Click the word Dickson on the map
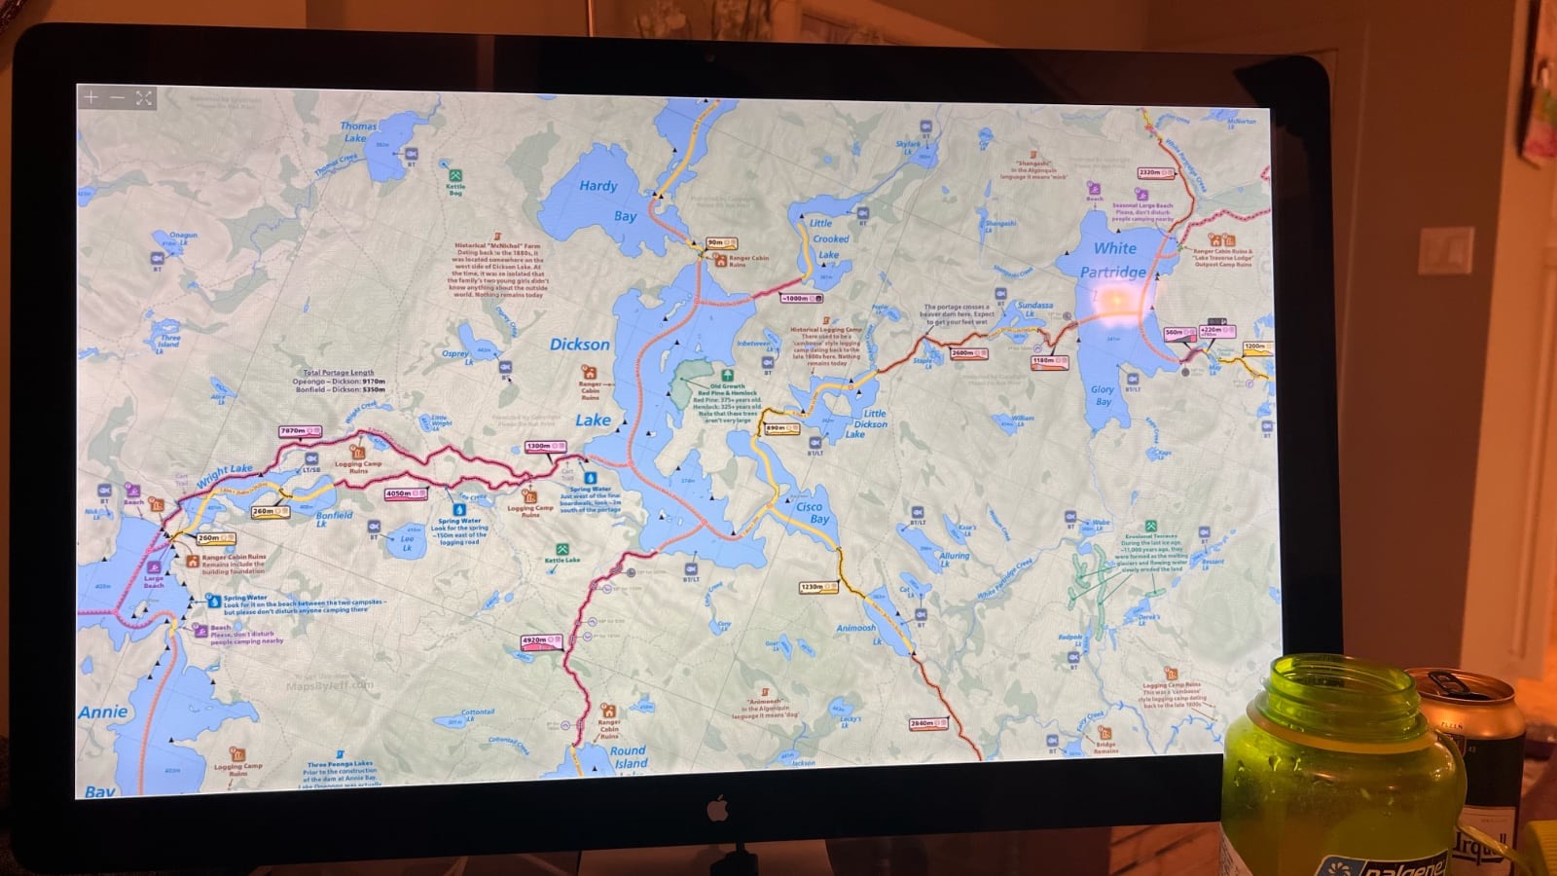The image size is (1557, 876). pos(580,345)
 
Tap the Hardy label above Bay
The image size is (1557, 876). pos(598,186)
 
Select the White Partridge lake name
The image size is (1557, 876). pos(1113,260)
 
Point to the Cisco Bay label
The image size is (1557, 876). pos(811,513)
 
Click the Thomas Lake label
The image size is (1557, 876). pos(357,132)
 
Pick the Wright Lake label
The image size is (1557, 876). pos(224,476)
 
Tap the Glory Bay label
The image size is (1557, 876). pos(1103,395)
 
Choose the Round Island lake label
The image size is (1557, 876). pos(629,757)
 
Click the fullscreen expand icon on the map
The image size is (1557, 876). pos(144,97)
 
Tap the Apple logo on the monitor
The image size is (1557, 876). pos(718,808)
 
